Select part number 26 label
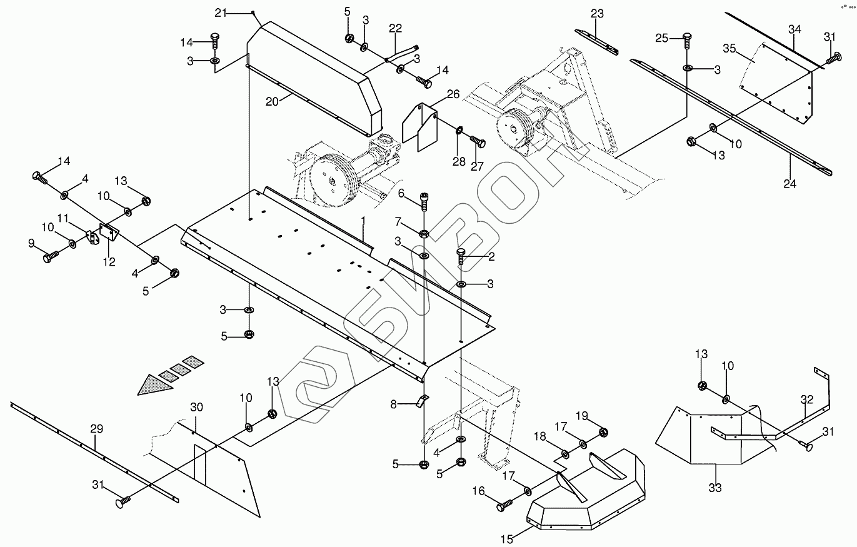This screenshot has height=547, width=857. [453, 94]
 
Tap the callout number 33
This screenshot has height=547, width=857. [714, 487]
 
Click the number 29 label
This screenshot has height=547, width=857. [96, 429]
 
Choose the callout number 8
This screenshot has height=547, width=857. [394, 404]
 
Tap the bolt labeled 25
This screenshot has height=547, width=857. [686, 40]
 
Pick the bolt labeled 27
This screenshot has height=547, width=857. [478, 141]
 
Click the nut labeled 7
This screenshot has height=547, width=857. [424, 234]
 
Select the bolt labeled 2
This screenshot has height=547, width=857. [461, 256]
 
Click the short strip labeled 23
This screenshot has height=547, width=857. [596, 39]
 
